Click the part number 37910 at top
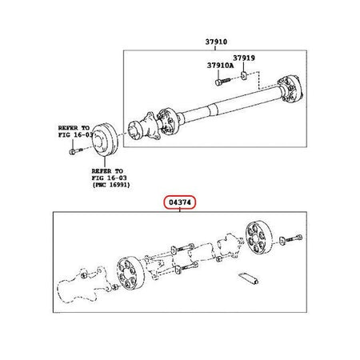(x=216, y=42)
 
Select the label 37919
(x=244, y=58)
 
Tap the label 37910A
(x=220, y=66)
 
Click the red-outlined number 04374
(x=180, y=202)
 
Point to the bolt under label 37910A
(x=222, y=81)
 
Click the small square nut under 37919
(x=244, y=75)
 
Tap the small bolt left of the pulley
(x=75, y=152)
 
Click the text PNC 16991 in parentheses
(x=111, y=185)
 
